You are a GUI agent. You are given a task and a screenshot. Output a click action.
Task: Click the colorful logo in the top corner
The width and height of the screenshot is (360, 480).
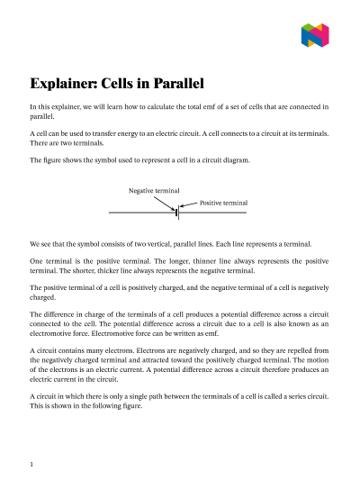(x=315, y=36)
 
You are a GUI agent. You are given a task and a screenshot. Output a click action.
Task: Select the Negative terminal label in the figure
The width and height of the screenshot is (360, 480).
(x=154, y=192)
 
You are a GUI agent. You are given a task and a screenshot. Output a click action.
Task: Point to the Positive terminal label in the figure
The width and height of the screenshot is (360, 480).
(x=223, y=204)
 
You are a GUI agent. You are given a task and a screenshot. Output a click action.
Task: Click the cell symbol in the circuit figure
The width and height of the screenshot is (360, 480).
(x=177, y=213)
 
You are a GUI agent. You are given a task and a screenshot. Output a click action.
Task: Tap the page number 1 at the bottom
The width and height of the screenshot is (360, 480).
(x=31, y=464)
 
